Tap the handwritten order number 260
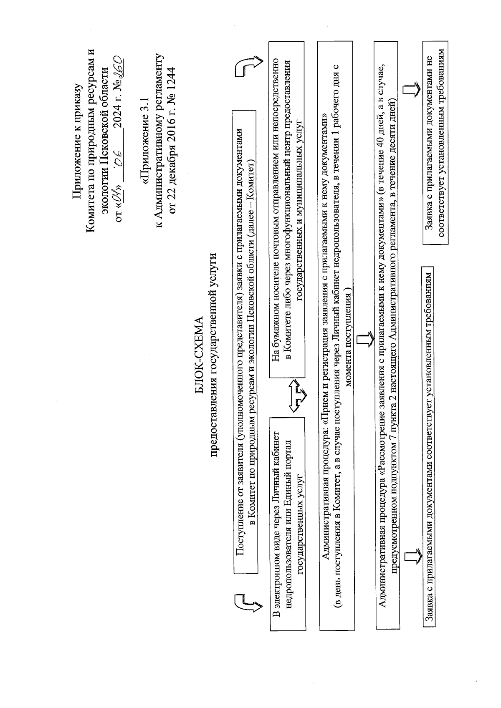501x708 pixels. pyautogui.click(x=117, y=66)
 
